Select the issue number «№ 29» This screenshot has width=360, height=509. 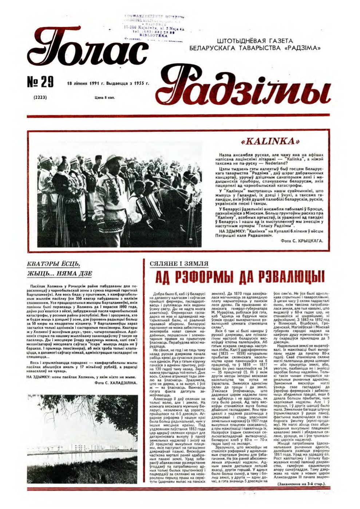point(41,83)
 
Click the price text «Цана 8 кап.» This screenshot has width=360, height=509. point(104,98)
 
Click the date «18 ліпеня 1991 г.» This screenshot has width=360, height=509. point(86,83)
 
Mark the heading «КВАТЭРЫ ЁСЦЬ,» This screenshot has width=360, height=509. point(53,264)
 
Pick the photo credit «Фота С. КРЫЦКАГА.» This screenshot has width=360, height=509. point(302,241)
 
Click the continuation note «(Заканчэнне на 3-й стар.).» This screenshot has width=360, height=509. point(301,484)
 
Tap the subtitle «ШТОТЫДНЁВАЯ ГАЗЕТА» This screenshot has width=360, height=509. point(254,41)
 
